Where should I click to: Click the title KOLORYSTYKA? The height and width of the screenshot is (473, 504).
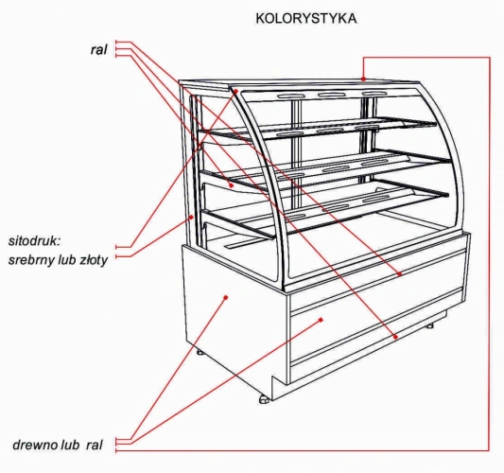[x=306, y=18]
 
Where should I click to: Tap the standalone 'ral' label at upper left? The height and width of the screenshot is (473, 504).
[x=98, y=49]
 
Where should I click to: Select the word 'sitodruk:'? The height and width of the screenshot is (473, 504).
[x=34, y=241]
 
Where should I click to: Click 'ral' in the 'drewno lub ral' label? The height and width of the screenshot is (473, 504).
[x=95, y=445]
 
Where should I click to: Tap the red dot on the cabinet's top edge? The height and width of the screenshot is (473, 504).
[x=363, y=79]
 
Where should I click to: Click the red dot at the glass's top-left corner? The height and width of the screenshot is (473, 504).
[x=235, y=91]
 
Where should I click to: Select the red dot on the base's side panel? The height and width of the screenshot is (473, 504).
[x=226, y=297]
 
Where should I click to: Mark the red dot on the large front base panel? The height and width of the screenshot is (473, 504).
[x=321, y=320]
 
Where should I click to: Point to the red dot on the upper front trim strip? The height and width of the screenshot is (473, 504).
[x=400, y=274]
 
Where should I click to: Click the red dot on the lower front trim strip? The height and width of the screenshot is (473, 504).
[x=395, y=337]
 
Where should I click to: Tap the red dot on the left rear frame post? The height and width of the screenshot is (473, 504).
[x=192, y=218]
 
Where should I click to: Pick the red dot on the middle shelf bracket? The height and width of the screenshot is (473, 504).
[x=231, y=185]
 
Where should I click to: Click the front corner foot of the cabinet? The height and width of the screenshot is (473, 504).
[x=264, y=399]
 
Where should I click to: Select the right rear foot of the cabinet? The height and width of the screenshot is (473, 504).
[x=429, y=325]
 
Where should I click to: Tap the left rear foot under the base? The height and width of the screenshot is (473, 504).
[x=200, y=352]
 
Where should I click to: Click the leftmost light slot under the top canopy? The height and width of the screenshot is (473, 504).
[x=291, y=96]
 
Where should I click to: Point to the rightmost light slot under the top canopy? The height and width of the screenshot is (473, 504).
[x=374, y=94]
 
